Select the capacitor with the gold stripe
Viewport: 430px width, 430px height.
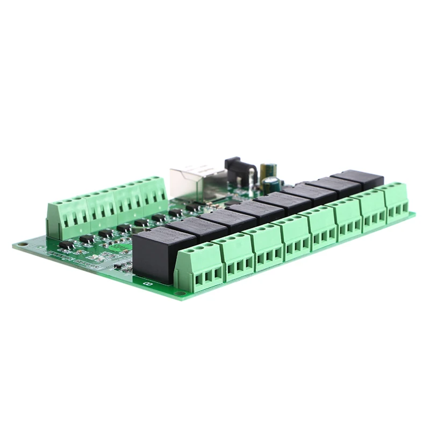tap(267, 171)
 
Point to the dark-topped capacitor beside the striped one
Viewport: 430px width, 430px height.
tap(273, 184)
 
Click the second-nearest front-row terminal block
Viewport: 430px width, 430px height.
tap(234, 256)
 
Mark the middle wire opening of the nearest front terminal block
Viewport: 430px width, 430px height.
tap(207, 277)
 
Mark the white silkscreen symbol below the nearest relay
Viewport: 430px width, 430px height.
tap(148, 282)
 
